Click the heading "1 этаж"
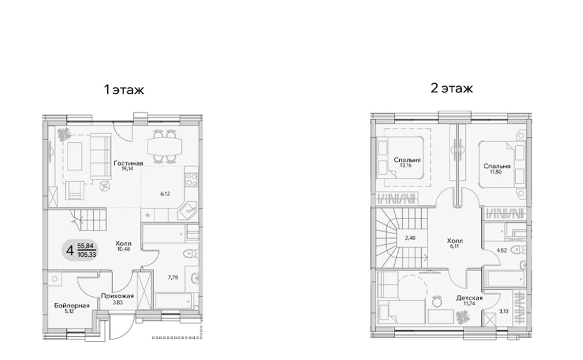pos(124,90)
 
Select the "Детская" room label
pos(470,298)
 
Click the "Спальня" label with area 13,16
pos(407,160)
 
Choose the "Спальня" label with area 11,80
pos(497,166)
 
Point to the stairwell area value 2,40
pos(411,238)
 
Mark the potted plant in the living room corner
pos(64,133)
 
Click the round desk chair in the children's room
pos(437,299)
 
